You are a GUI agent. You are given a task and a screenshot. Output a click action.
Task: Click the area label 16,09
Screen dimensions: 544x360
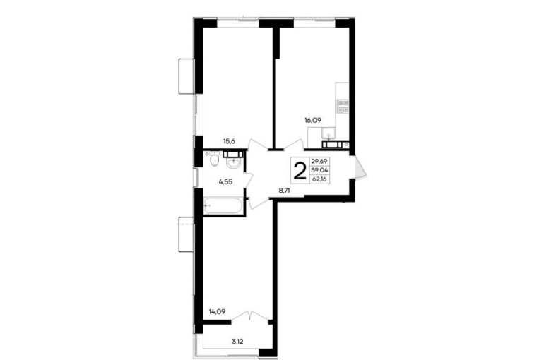tap(312, 121)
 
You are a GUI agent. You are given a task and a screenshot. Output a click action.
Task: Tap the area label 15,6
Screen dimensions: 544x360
tap(229, 141)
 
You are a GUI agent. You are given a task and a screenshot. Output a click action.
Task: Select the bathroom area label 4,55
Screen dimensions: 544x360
tap(225, 181)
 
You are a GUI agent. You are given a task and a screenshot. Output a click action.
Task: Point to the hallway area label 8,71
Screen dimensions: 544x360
tap(287, 190)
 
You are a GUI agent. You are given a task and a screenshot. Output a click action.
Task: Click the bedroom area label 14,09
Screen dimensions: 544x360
tap(217, 311)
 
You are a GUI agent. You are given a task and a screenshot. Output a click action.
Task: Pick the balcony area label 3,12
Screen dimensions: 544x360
tap(237, 342)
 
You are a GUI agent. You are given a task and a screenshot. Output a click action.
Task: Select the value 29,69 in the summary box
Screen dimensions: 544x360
tap(320, 161)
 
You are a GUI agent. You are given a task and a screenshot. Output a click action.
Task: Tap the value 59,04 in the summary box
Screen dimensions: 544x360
tap(320, 170)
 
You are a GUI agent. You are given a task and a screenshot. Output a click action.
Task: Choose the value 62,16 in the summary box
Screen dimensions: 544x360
tap(320, 179)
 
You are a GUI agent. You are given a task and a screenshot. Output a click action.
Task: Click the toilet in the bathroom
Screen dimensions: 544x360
tap(214, 160)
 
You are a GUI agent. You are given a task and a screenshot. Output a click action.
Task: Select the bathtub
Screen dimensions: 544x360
tap(223, 206)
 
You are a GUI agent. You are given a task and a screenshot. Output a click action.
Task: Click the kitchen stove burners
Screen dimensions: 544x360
tap(343, 107)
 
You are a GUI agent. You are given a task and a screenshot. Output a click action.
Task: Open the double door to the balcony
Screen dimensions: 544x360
tap(250, 316)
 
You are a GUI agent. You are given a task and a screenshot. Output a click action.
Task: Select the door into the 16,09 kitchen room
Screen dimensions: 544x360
tap(294, 145)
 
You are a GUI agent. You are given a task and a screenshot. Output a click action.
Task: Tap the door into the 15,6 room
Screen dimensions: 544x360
tap(258, 145)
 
